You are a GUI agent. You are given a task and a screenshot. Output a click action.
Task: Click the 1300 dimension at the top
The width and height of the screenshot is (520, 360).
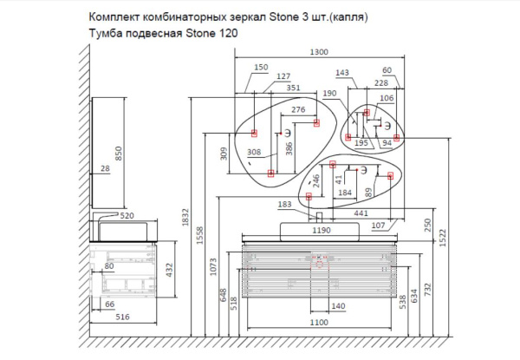pyautogui.click(x=319, y=53)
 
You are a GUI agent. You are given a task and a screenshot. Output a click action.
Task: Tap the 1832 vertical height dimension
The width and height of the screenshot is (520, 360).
pyautogui.click(x=185, y=222)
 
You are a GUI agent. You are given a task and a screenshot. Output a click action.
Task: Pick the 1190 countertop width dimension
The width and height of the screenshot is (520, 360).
pyautogui.click(x=322, y=232)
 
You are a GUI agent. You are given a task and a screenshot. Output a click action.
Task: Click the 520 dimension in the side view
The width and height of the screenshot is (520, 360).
pyautogui.click(x=126, y=214)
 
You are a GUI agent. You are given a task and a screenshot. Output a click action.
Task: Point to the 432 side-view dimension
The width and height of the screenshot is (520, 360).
pyautogui.click(x=169, y=269)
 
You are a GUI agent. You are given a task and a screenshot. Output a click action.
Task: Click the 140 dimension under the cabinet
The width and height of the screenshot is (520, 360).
pyautogui.click(x=339, y=306)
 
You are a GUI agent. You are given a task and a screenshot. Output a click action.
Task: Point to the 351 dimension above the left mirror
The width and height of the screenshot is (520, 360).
pyautogui.click(x=294, y=87)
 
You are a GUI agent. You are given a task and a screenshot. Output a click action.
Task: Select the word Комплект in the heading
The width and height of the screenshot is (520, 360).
pyautogui.click(x=114, y=16)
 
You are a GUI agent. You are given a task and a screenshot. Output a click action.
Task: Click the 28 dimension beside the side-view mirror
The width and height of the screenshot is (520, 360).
pyautogui.click(x=105, y=169)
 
